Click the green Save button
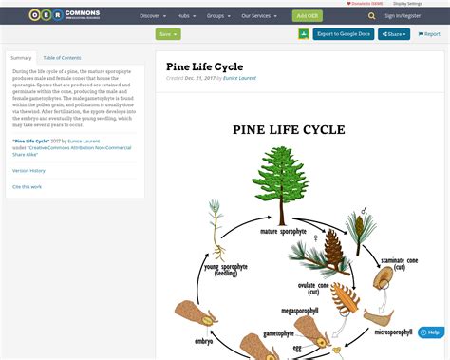[167, 34]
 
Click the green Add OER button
[307, 16]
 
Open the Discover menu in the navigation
[153, 16]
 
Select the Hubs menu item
[185, 16]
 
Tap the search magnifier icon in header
[371, 16]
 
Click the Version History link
[28, 170]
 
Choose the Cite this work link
[27, 186]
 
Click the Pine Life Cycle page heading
[204, 67]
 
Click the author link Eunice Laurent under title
[241, 78]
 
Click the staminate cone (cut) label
[400, 263]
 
